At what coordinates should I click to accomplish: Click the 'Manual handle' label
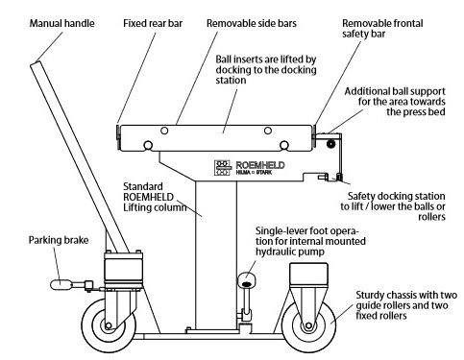[x=62, y=23]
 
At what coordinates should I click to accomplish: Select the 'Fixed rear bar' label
[x=153, y=23]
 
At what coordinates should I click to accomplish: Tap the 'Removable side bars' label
[x=252, y=23]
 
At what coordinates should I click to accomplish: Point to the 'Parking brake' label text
[x=59, y=240]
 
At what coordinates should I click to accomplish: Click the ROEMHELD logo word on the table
[x=260, y=165]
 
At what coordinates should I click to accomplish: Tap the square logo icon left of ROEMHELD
[x=223, y=168]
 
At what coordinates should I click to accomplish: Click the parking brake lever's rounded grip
[x=61, y=284]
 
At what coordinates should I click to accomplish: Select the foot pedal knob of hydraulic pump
[x=246, y=280]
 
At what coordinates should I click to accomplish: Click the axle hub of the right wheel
[x=308, y=325]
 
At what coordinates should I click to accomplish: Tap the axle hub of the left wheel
[x=109, y=325]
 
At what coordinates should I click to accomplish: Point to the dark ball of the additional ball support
[x=330, y=144]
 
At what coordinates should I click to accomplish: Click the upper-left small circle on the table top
[x=164, y=131]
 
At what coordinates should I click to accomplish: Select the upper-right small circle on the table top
[x=268, y=131]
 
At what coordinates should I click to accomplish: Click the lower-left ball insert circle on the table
[x=148, y=146]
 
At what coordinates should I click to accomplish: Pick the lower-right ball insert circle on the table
[x=283, y=146]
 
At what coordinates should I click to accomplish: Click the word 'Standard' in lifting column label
[x=143, y=186]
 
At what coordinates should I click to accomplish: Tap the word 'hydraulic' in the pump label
[x=276, y=252]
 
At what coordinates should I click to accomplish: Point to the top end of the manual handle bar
[x=35, y=63]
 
